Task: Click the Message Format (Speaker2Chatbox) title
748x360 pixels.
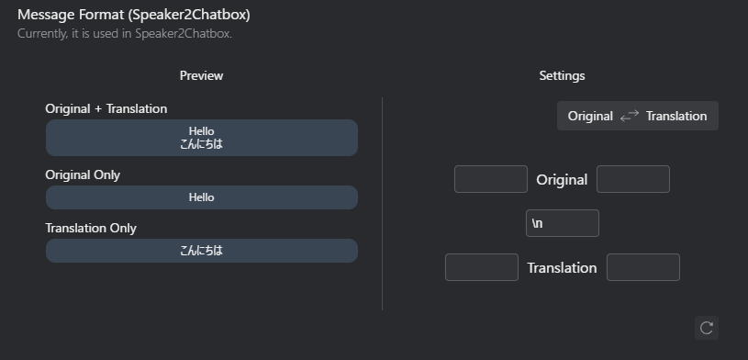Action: coord(134,15)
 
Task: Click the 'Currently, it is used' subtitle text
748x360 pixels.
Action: coord(125,34)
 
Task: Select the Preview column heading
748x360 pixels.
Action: coord(201,75)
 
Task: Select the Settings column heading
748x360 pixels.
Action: coord(562,75)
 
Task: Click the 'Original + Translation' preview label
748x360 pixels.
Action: coord(106,108)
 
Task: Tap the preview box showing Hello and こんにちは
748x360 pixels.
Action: coord(201,138)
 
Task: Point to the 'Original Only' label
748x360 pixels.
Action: coord(83,174)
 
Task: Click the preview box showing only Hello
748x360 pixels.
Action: coord(201,197)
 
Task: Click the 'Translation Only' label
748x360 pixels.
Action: coord(91,228)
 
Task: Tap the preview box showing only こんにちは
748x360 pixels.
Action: coord(201,251)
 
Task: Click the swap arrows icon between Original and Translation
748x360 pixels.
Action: coord(630,116)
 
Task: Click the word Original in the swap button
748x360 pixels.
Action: coord(590,116)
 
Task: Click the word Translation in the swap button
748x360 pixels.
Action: coord(676,116)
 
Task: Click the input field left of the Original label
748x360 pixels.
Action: coord(491,179)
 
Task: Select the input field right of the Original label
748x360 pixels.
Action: coord(633,179)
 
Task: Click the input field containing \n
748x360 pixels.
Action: coord(562,223)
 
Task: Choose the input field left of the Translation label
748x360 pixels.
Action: coord(482,267)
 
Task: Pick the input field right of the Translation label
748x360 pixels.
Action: coord(643,267)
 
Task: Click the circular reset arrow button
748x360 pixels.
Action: coord(706,328)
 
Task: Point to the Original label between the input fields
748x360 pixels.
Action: coord(562,180)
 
